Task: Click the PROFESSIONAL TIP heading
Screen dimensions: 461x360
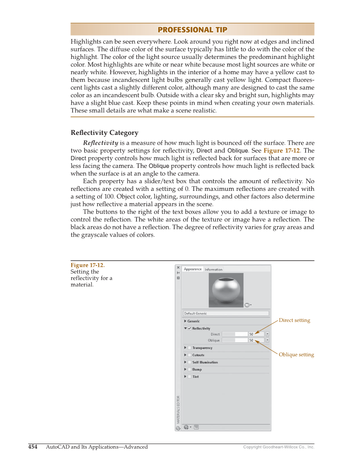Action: point(192,30)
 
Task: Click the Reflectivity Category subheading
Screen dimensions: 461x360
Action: point(104,133)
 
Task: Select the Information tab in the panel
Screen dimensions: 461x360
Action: point(214,269)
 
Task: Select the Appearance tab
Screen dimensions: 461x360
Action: point(193,269)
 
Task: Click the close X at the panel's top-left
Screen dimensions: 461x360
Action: point(178,268)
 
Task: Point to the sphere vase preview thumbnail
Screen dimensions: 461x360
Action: point(226,290)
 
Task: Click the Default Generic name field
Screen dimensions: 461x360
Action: point(226,313)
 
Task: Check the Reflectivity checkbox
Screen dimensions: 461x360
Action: point(190,328)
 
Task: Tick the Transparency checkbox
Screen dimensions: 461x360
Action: point(190,348)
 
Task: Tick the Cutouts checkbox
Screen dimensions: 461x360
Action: point(190,355)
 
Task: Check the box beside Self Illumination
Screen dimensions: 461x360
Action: point(190,362)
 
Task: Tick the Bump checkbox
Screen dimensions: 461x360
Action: point(190,369)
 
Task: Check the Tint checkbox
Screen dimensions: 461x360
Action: point(190,377)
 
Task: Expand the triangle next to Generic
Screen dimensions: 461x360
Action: point(185,321)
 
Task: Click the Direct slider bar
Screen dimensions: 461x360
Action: point(234,334)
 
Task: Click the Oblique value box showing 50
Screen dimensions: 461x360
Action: point(256,340)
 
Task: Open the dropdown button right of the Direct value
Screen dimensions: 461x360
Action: point(267,334)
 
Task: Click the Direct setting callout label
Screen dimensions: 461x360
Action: point(294,320)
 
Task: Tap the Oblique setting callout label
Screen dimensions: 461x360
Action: point(296,355)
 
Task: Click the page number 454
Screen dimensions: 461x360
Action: point(33,447)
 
